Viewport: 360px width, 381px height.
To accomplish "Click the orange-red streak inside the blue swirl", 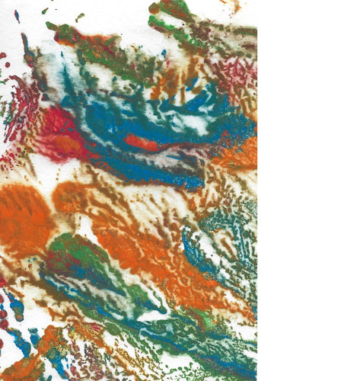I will (x=142, y=142).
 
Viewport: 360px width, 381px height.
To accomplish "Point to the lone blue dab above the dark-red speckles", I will (x=17, y=15).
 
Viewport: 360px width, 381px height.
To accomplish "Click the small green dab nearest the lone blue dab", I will (x=45, y=11).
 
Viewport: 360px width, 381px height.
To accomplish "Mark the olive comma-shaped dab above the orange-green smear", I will (x=79, y=16).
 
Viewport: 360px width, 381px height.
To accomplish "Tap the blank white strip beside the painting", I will (x=308, y=190).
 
